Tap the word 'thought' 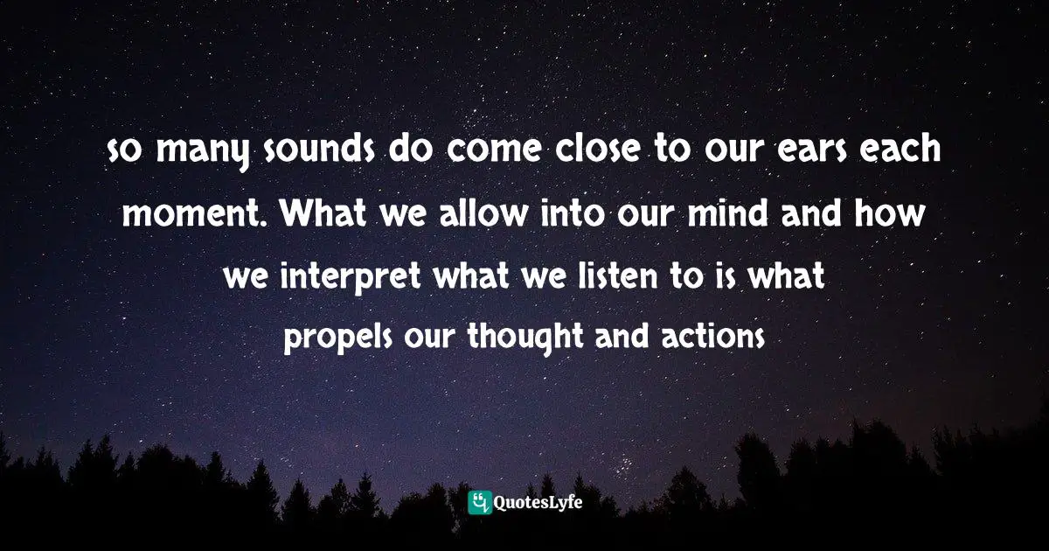pos(511,335)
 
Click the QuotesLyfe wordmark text pos(538,502)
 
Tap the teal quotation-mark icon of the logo pos(479,502)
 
